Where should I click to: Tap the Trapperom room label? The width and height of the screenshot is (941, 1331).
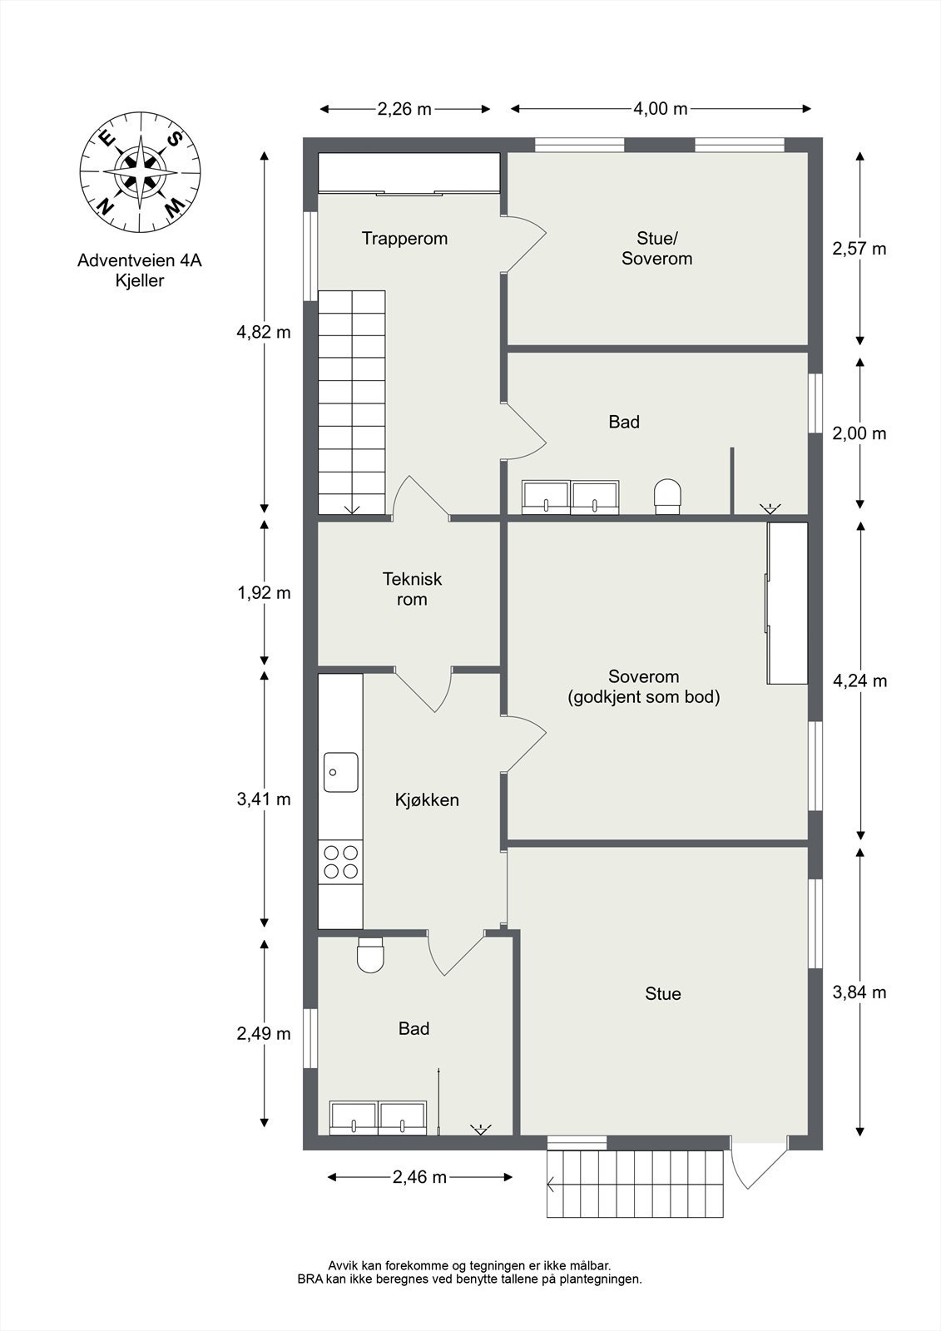pyautogui.click(x=404, y=239)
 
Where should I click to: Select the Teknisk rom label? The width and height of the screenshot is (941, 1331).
pyautogui.click(x=412, y=589)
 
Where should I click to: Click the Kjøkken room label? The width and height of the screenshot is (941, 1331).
pyautogui.click(x=427, y=799)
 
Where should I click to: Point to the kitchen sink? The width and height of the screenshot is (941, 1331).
pyautogui.click(x=340, y=772)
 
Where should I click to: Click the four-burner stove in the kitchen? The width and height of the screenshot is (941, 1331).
pyautogui.click(x=340, y=862)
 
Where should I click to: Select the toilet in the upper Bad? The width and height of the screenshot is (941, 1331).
pyautogui.click(x=667, y=497)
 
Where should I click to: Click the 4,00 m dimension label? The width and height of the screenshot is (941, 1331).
pyautogui.click(x=661, y=109)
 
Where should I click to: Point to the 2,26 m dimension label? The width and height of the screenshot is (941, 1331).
pyautogui.click(x=404, y=109)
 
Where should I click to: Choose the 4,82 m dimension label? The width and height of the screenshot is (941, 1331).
pyautogui.click(x=264, y=332)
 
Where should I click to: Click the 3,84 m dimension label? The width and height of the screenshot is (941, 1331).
pyautogui.click(x=859, y=992)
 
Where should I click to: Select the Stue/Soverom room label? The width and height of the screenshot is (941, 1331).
pyautogui.click(x=656, y=249)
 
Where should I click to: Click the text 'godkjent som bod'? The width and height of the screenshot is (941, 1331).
pyautogui.click(x=644, y=696)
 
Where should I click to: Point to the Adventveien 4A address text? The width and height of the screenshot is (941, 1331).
pyautogui.click(x=140, y=260)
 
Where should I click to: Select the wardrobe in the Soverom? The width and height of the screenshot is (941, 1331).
pyautogui.click(x=786, y=603)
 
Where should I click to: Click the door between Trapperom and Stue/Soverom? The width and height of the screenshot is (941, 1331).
pyautogui.click(x=523, y=244)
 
